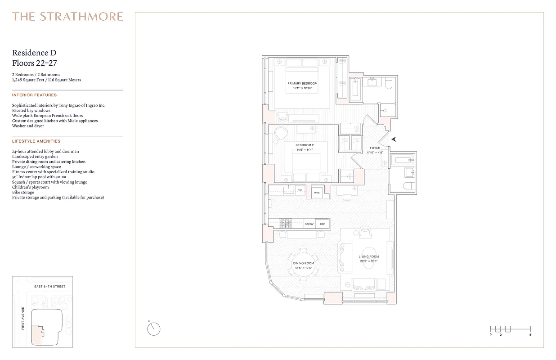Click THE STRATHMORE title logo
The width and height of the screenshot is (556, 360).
point(67,17)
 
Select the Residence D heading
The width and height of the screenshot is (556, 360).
point(34,53)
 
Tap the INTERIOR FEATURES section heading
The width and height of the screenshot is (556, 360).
point(34,95)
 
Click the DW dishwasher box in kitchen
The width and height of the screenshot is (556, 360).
point(300,190)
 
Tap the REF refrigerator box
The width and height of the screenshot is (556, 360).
point(322,224)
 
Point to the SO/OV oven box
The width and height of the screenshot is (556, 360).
point(309,224)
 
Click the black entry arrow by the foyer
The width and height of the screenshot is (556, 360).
point(394,139)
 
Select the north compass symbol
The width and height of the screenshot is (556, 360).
point(153,329)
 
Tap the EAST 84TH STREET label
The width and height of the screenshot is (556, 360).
point(49,287)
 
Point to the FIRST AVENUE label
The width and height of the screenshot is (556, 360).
point(23,318)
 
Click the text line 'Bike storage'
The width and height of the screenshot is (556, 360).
point(23,192)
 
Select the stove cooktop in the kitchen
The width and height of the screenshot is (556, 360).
point(286,223)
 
